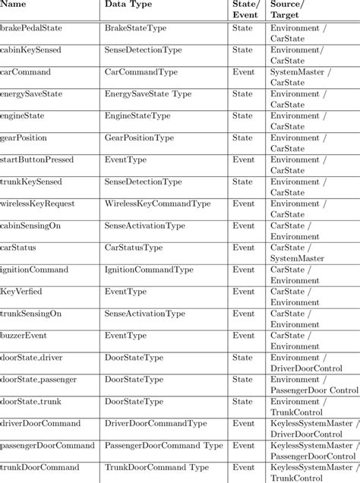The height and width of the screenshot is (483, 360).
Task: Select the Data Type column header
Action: click(128, 5)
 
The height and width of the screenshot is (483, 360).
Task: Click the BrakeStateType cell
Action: click(137, 28)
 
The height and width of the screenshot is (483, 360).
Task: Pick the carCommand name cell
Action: click(26, 72)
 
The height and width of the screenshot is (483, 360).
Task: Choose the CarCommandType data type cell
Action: click(141, 72)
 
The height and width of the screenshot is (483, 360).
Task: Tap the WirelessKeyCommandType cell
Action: click(157, 204)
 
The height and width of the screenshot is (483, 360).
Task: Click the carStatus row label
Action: click(18, 248)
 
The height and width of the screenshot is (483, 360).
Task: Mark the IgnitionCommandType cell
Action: click(149, 270)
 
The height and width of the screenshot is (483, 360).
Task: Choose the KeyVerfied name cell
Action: click(22, 292)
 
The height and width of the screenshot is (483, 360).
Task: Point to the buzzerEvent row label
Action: click(25, 335)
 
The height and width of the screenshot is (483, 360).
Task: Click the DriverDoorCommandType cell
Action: click(156, 423)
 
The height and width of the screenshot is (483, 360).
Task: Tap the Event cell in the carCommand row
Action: click(243, 72)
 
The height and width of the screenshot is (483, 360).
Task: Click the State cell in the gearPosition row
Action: click(242, 138)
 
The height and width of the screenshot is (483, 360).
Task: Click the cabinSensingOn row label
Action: click(30, 226)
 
